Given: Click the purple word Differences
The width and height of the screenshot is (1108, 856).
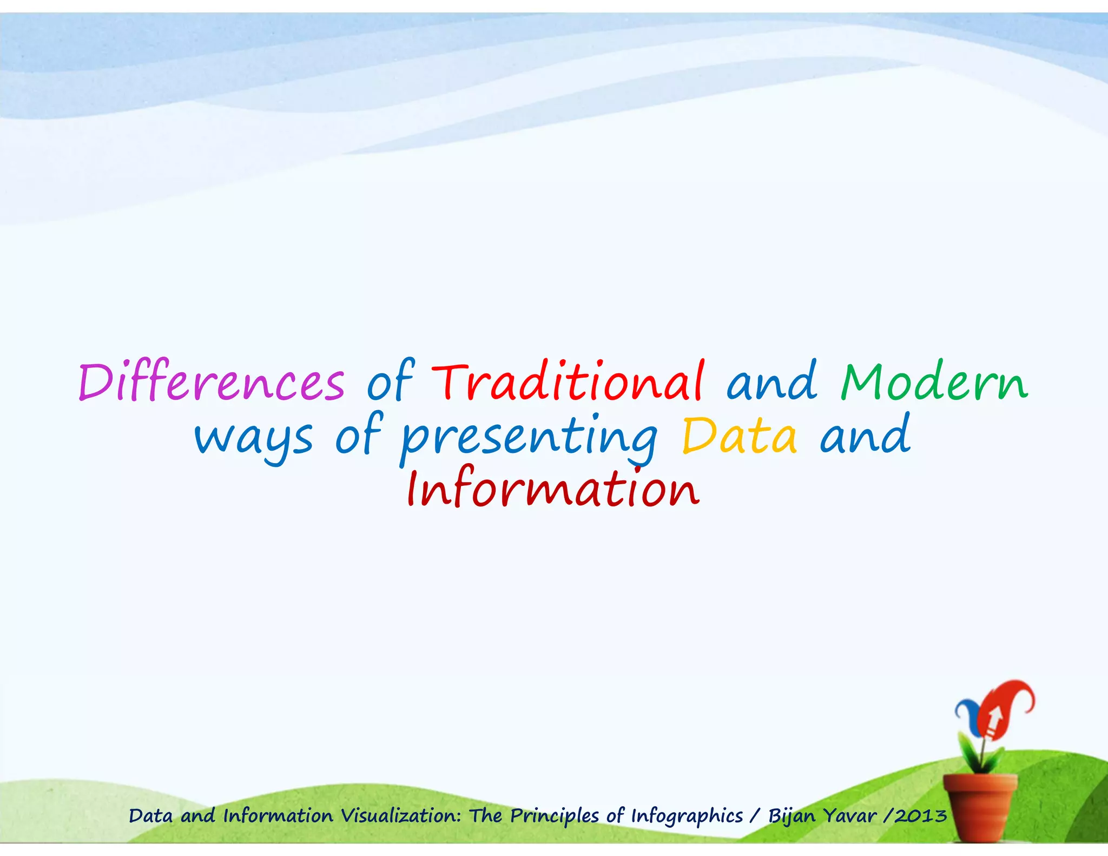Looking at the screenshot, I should click(211, 382).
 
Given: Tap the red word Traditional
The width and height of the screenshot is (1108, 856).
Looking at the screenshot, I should click(568, 382).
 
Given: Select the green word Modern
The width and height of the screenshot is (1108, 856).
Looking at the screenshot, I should click(934, 382).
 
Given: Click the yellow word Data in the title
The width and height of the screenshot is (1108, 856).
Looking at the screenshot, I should click(739, 436).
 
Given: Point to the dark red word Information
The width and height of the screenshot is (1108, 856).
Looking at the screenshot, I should click(553, 489).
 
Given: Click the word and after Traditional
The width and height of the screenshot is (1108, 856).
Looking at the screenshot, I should click(771, 382).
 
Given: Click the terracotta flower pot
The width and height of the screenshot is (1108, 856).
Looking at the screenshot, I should click(980, 806).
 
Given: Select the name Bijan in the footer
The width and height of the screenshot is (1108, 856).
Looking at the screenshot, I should click(792, 815).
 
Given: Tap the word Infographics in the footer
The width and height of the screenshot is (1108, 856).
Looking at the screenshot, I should click(687, 815).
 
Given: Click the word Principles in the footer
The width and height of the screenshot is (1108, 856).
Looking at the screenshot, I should click(555, 815).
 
